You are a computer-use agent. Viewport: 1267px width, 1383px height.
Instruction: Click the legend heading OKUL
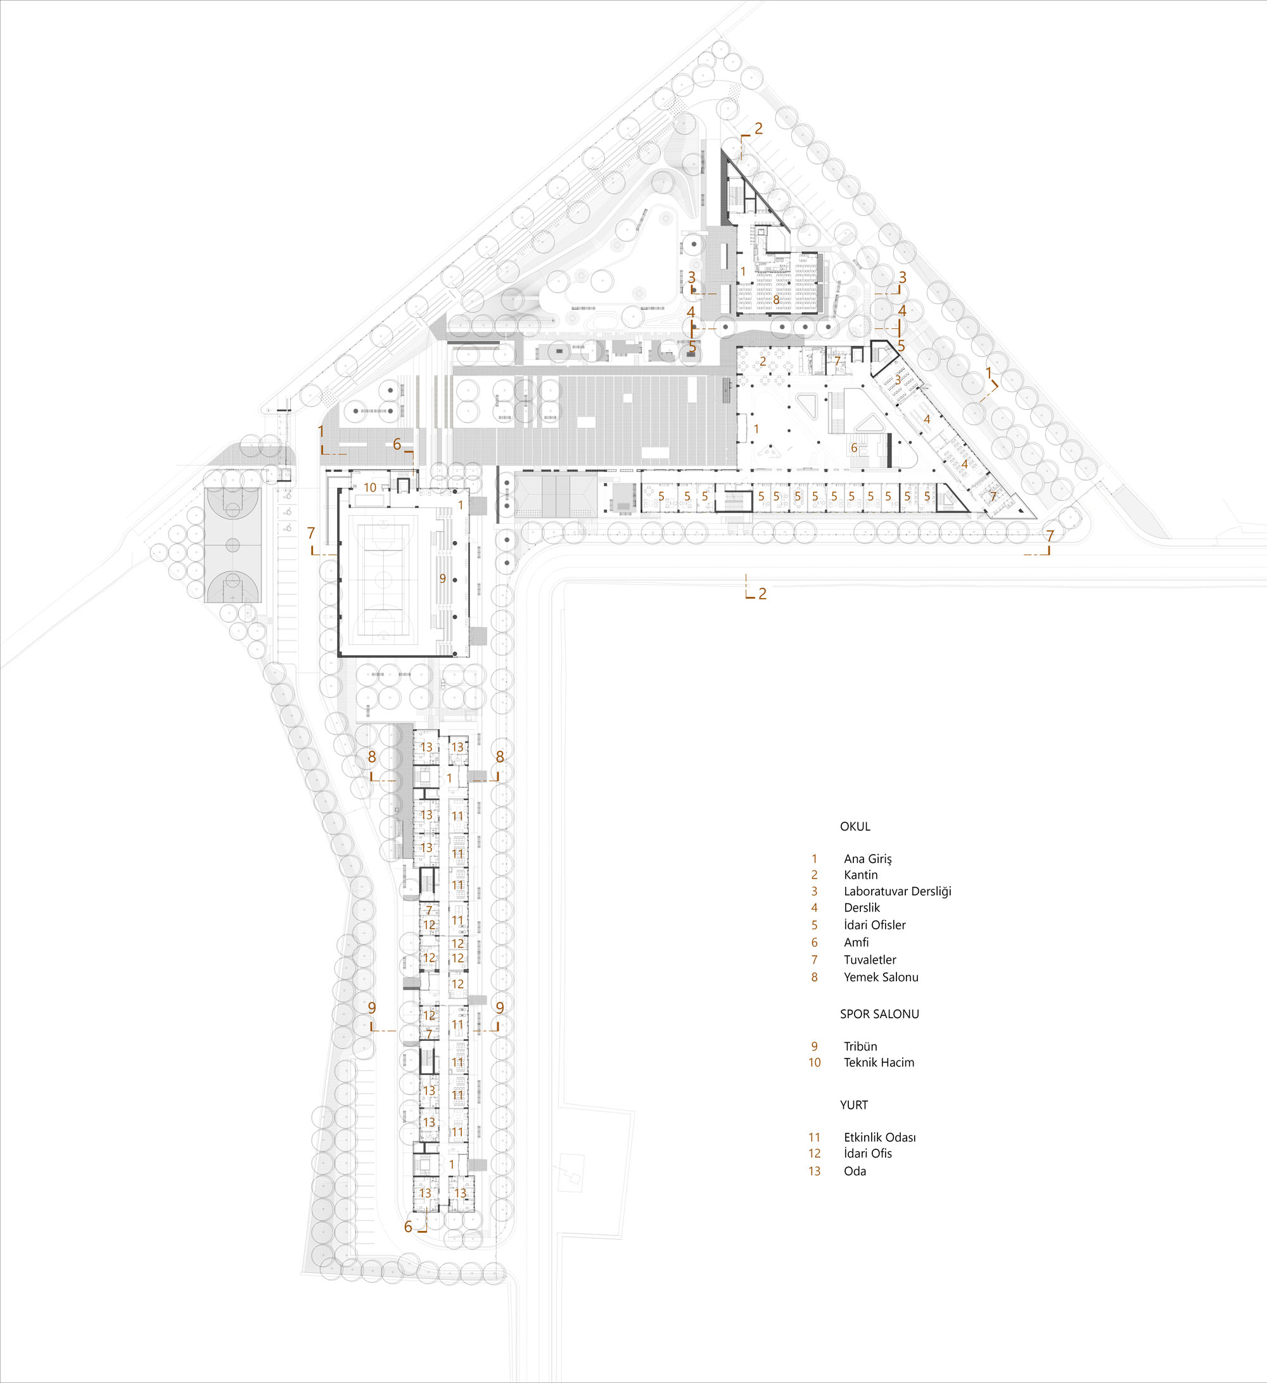coord(855,827)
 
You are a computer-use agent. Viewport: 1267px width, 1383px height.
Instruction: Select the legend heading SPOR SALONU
coord(879,1014)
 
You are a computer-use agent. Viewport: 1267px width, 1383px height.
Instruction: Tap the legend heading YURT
coord(854,1105)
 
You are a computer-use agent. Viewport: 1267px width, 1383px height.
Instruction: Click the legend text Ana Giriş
coord(868,860)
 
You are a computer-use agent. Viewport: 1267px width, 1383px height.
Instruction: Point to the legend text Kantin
coord(861,876)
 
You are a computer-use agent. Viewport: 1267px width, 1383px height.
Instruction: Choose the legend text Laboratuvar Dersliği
coord(897,892)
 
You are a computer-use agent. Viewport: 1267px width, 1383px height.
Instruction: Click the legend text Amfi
coord(856,943)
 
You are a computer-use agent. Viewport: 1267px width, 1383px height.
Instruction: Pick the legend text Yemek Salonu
coord(881,978)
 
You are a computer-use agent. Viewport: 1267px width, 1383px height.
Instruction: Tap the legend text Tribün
coord(860,1047)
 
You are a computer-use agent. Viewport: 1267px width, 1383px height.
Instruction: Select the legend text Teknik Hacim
coord(879,1062)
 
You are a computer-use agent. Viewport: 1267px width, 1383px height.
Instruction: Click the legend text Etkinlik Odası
coord(880,1137)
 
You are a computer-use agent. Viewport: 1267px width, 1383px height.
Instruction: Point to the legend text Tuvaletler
coord(870,960)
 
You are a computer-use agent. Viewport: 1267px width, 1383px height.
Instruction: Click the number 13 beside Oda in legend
coord(814,1171)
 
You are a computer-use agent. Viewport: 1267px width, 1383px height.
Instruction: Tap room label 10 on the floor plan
coord(370,488)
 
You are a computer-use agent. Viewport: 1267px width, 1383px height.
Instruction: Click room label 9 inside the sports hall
coord(442,579)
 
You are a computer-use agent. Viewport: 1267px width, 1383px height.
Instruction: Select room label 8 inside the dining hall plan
coord(777,299)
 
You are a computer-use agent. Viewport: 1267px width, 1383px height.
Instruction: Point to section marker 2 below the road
coord(762,594)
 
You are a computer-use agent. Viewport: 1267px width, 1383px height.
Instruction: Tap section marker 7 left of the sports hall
coord(311,533)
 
